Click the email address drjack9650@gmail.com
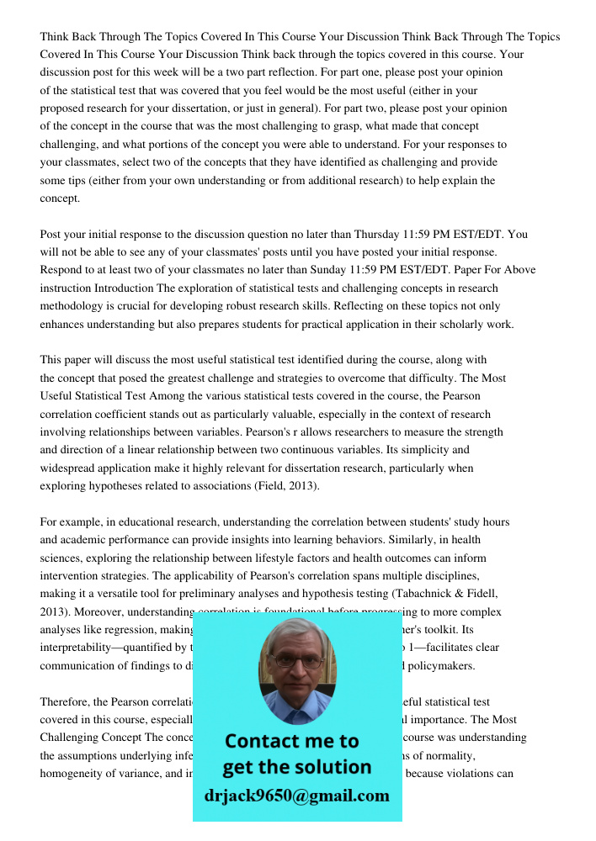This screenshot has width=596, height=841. click(297, 796)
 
